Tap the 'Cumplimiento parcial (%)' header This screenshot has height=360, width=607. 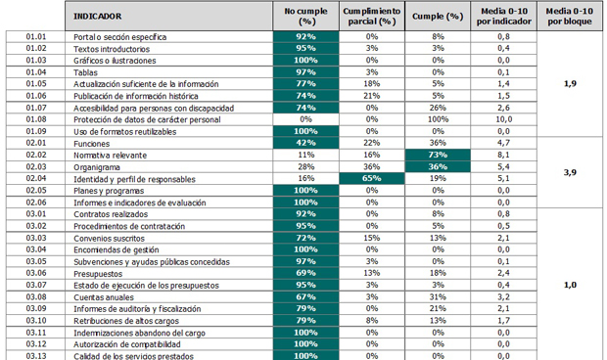pos(371,16)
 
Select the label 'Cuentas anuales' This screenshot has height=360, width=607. pos(105,296)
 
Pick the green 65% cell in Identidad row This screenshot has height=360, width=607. pos(371,179)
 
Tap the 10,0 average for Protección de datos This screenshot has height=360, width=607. pos(502,119)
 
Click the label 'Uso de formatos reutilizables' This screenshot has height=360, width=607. pos(128,131)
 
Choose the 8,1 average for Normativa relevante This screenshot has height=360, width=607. pos(502,155)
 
